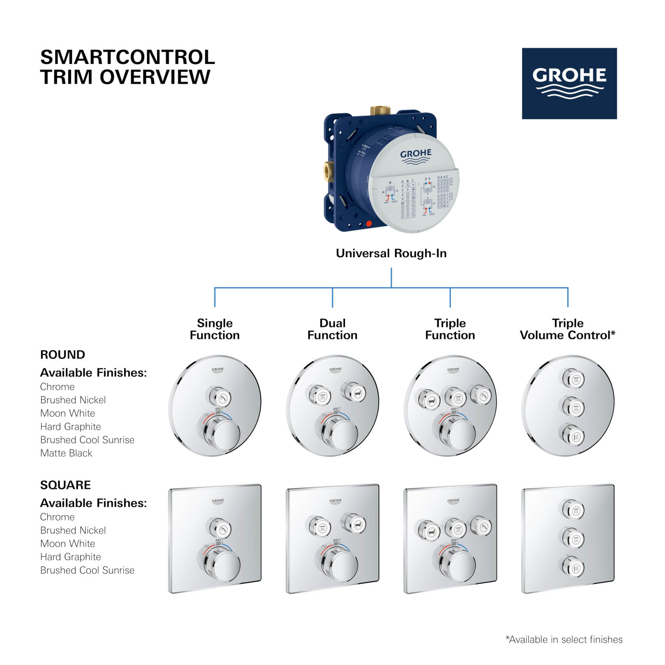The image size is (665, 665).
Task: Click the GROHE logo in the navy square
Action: click(569, 83)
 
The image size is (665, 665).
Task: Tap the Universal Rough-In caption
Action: click(391, 254)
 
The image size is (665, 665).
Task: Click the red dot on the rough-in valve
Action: click(369, 224)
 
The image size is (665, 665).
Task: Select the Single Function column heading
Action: click(215, 329)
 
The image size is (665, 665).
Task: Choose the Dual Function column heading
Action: click(332, 329)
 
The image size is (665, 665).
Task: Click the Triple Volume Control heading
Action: click(567, 329)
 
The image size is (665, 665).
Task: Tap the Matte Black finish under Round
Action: click(66, 453)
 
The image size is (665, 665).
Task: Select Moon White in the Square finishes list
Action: click(68, 543)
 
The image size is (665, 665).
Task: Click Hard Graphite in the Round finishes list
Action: click(71, 427)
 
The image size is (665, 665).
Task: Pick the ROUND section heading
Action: click(62, 355)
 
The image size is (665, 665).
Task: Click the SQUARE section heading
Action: click(65, 485)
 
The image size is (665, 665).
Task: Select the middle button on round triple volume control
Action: click(573, 407)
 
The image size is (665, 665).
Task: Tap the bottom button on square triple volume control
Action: click(573, 566)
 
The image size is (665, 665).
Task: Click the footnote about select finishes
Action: click(564, 640)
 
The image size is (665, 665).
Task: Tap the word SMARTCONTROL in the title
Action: click(127, 57)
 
